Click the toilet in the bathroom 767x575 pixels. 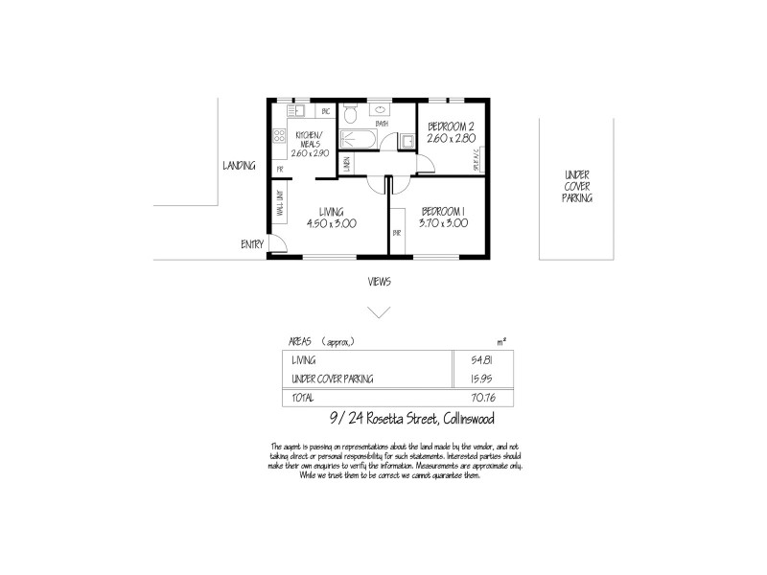[x=353, y=118]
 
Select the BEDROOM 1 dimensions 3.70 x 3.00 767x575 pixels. [x=443, y=223]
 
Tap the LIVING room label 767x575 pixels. [x=332, y=212]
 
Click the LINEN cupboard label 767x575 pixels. [x=346, y=165]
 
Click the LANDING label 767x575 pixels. [x=239, y=166]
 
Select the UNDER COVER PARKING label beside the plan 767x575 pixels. [x=577, y=186]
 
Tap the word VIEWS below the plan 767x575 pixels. [x=380, y=282]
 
